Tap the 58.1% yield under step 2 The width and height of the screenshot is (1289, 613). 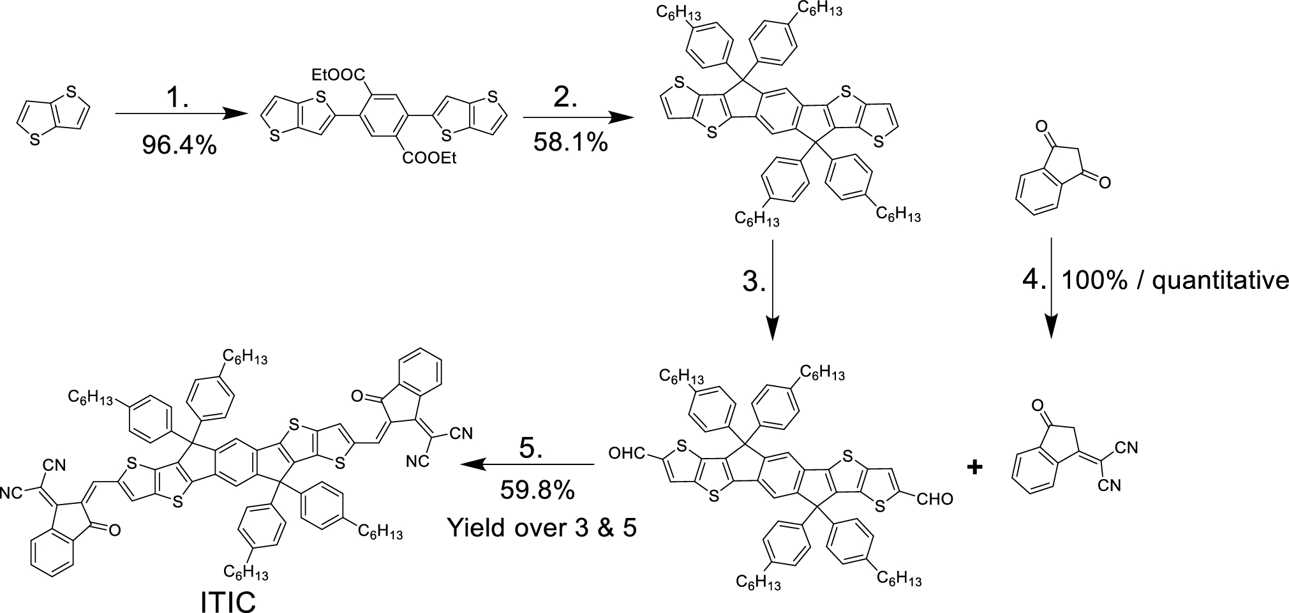tap(570, 142)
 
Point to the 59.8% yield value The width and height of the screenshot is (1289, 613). tap(537, 491)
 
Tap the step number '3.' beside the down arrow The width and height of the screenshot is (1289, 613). tap(754, 281)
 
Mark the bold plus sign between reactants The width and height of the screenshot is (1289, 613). tap(974, 468)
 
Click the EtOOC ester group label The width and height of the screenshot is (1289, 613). tap(339, 76)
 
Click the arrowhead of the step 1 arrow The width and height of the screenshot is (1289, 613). tap(236, 114)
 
